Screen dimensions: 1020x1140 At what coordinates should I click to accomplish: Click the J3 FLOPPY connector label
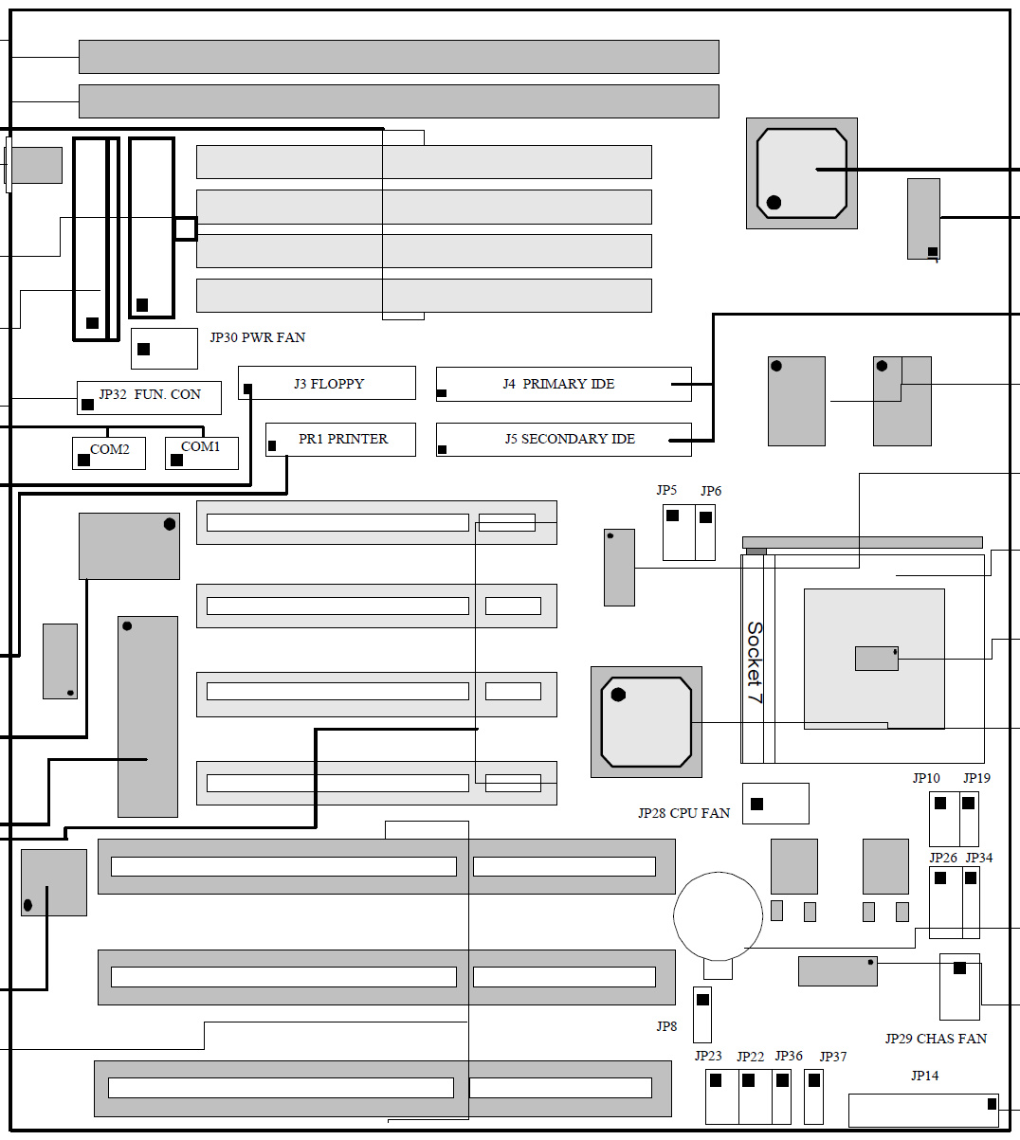pyautogui.click(x=329, y=384)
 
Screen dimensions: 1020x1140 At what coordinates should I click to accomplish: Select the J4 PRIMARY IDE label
pyautogui.click(x=558, y=384)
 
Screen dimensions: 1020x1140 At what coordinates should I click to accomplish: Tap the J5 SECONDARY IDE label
pyautogui.click(x=570, y=439)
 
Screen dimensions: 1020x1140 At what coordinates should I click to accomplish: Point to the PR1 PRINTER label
pyautogui.click(x=343, y=439)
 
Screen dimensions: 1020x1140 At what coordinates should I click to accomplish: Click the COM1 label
pyautogui.click(x=200, y=446)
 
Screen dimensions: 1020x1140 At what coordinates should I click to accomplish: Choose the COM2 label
pyautogui.click(x=110, y=449)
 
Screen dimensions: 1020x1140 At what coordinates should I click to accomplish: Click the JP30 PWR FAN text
pyautogui.click(x=258, y=337)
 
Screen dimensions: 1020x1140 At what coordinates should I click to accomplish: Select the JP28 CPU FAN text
pyautogui.click(x=683, y=813)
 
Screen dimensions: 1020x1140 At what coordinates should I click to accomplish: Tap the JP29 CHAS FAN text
pyautogui.click(x=936, y=1039)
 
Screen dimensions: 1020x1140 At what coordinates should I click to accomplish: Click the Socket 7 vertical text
pyautogui.click(x=755, y=662)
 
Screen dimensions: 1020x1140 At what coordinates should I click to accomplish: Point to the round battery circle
pyautogui.click(x=718, y=916)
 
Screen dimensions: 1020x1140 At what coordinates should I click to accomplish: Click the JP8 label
pyautogui.click(x=666, y=1026)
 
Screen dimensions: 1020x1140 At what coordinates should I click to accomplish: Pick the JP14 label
pyautogui.click(x=925, y=1076)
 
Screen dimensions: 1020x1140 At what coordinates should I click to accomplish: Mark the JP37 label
pyautogui.click(x=833, y=1057)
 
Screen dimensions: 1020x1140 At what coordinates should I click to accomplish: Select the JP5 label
pyautogui.click(x=666, y=490)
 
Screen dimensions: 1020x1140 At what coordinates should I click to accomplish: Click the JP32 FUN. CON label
pyautogui.click(x=150, y=394)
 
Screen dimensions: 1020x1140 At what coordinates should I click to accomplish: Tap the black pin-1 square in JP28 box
pyautogui.click(x=757, y=805)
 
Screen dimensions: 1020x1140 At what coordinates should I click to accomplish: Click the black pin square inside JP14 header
pyautogui.click(x=992, y=1104)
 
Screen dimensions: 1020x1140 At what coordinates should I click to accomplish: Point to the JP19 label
pyautogui.click(x=976, y=778)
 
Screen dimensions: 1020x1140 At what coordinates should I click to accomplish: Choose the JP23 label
pyautogui.click(x=708, y=1056)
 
